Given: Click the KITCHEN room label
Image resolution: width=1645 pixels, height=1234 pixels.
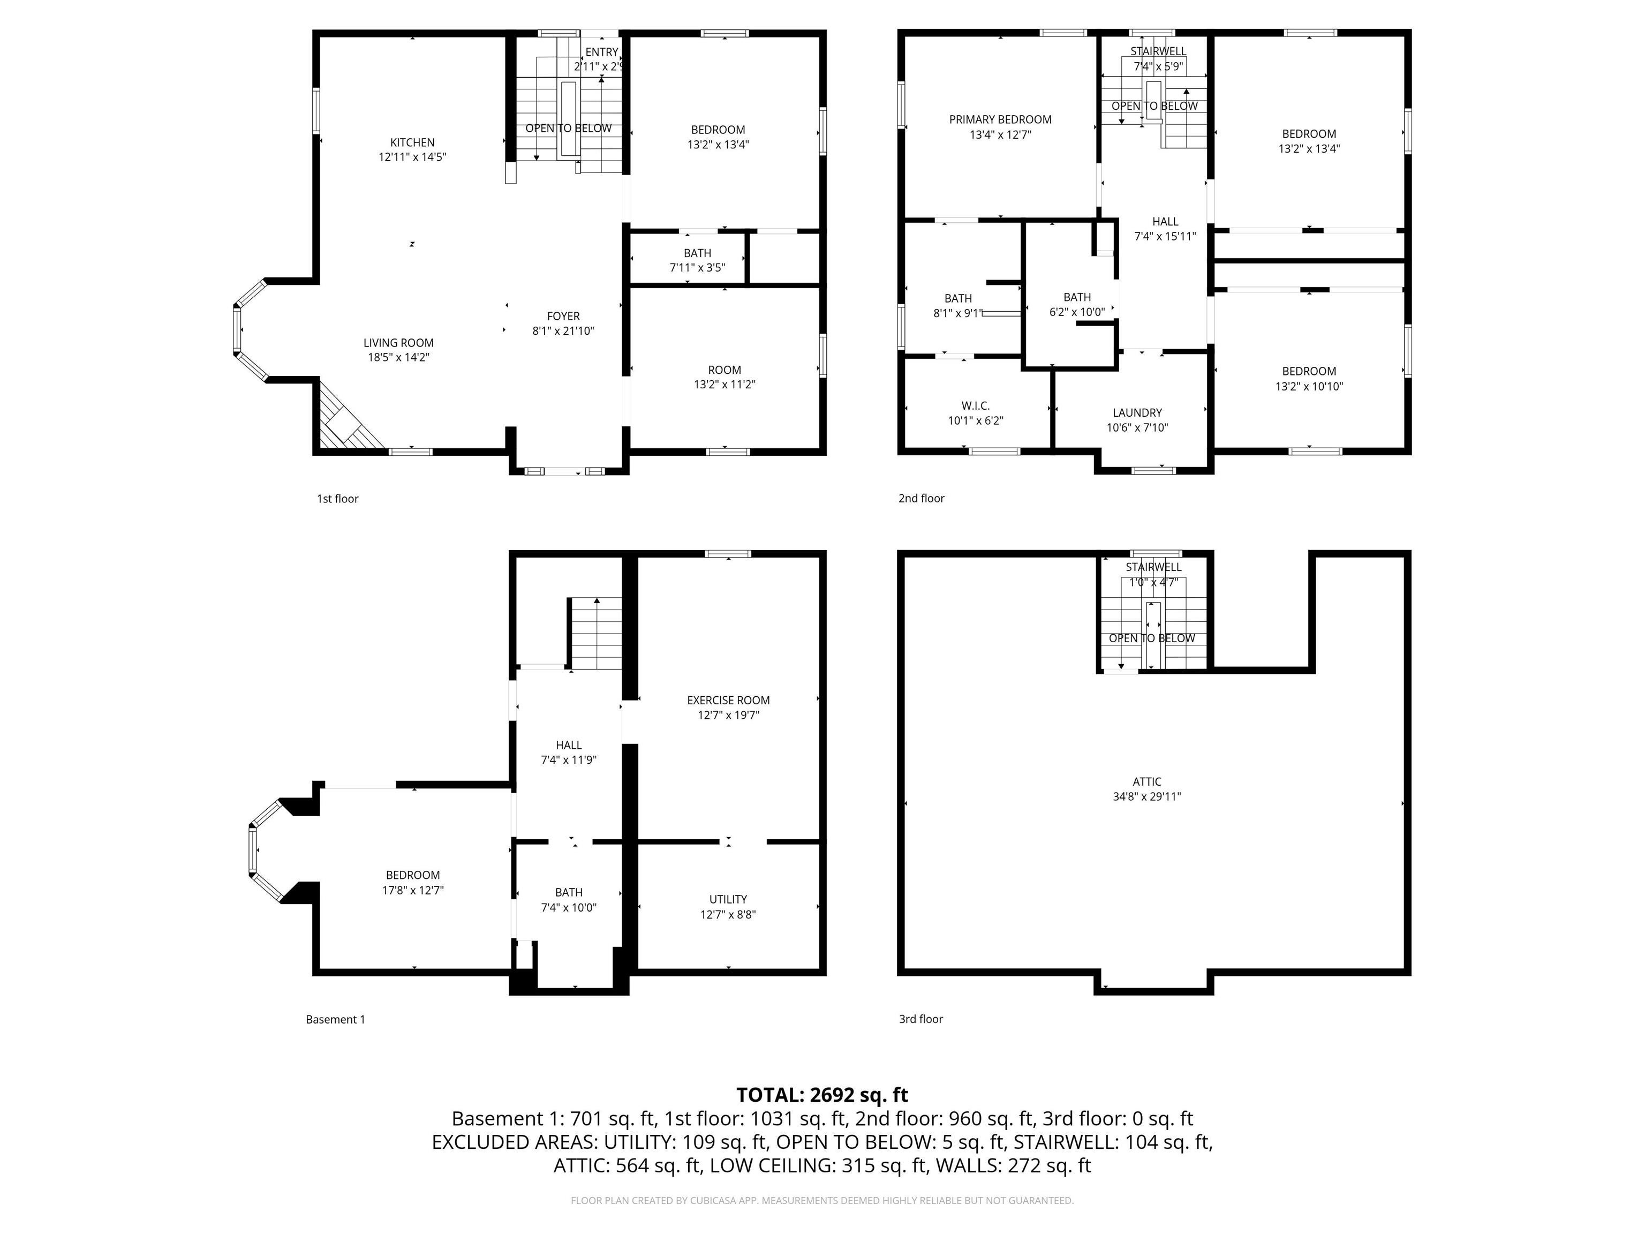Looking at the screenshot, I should pyautogui.click(x=412, y=142).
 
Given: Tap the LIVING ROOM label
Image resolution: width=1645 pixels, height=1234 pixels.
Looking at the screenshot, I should pyautogui.click(x=398, y=343).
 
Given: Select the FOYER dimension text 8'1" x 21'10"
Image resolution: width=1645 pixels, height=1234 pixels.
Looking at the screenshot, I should pyautogui.click(x=563, y=331).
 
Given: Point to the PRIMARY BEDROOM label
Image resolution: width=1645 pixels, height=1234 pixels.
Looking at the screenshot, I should pyautogui.click(x=1000, y=119).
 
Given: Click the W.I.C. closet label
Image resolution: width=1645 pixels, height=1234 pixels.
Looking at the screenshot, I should pyautogui.click(x=975, y=405).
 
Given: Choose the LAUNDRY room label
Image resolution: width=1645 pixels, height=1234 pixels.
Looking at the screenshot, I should pyautogui.click(x=1136, y=413).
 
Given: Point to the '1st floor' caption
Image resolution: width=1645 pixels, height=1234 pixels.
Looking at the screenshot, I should pyautogui.click(x=338, y=498).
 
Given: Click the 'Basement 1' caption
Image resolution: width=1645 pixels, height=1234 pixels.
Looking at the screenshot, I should pyautogui.click(x=335, y=1019).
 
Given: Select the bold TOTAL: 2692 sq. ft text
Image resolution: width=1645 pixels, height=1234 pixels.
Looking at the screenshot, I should pyautogui.click(x=822, y=1095).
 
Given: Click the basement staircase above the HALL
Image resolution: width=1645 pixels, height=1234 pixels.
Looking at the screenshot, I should pyautogui.click(x=595, y=634).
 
